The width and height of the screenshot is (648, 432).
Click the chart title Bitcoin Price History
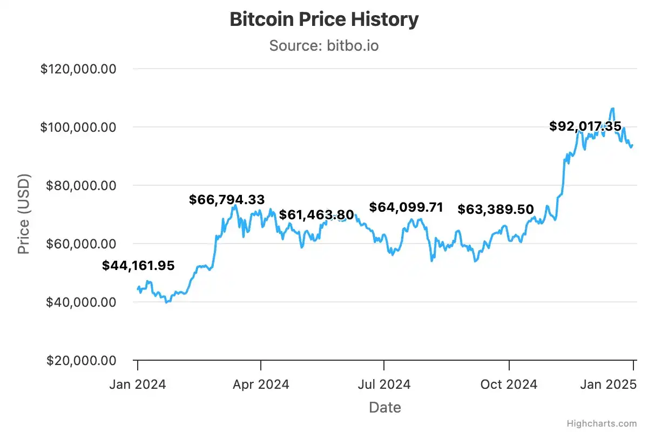coord(324,19)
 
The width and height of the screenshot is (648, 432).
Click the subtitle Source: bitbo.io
coord(324,45)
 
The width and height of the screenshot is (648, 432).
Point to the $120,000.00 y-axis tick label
coord(79,69)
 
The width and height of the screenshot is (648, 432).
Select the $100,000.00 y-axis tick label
coord(79,127)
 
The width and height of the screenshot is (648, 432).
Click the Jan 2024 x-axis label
coord(137,384)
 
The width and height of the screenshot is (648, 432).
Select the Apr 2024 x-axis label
coord(261,384)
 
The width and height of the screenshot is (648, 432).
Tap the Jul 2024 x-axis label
coord(384,384)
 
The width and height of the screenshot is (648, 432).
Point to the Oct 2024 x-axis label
coord(509,384)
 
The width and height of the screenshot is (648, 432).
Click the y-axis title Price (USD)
coord(24,214)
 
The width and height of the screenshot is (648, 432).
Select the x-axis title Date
coord(385,407)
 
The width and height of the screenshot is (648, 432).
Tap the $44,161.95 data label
coord(138,266)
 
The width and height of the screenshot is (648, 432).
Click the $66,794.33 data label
coord(227,200)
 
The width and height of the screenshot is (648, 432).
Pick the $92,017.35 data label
coord(585,126)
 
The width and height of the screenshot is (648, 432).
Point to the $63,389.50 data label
coord(495,210)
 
